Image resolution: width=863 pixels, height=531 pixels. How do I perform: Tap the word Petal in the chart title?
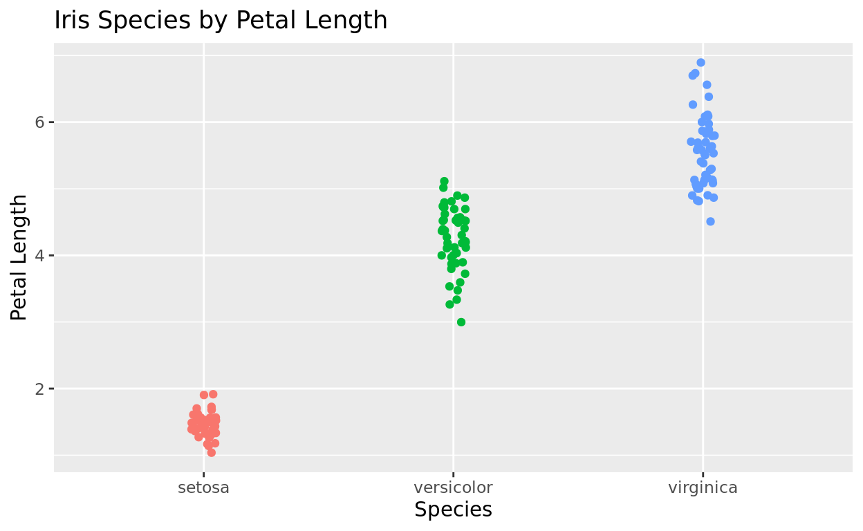[x=259, y=20]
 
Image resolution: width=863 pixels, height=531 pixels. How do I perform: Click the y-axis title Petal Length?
[x=19, y=257]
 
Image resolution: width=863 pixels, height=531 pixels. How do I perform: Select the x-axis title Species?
[x=453, y=510]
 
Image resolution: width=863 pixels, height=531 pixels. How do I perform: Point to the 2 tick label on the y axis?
[x=39, y=389]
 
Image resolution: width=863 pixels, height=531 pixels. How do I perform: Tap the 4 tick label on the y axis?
[x=39, y=255]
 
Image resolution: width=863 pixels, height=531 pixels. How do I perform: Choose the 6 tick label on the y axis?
[x=39, y=122]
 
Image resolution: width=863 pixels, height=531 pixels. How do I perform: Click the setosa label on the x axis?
[x=203, y=487]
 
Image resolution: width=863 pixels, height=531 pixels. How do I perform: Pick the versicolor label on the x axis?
[x=453, y=487]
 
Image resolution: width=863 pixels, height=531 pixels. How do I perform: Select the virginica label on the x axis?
[x=703, y=487]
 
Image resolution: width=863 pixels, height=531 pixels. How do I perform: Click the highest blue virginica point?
[x=700, y=62]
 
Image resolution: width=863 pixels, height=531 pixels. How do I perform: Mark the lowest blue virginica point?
[x=710, y=221]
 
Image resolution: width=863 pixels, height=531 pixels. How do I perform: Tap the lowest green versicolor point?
[x=461, y=322]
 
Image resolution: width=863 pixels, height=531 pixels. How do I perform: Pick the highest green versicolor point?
[x=444, y=181]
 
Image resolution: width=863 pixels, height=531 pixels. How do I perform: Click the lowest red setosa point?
[x=211, y=452]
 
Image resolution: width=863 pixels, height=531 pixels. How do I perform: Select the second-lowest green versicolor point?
[x=449, y=304]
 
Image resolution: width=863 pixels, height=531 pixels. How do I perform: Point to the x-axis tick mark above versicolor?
[x=453, y=475]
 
